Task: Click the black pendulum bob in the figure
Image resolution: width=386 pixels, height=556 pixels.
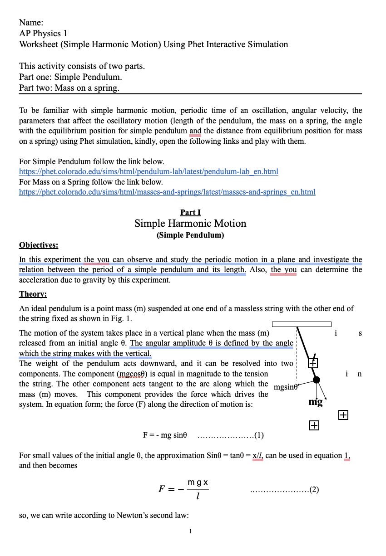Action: (317, 380)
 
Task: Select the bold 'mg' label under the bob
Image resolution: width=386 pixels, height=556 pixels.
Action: (316, 402)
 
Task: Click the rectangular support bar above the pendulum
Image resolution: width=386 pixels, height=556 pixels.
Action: (302, 324)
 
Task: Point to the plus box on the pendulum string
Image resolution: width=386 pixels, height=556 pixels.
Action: (313, 363)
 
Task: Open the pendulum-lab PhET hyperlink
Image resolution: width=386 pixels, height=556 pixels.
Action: (148, 171)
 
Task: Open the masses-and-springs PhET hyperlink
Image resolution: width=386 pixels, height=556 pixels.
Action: (167, 192)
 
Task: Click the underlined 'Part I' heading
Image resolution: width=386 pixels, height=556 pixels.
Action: (190, 212)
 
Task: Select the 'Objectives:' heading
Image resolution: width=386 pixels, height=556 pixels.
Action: (39, 245)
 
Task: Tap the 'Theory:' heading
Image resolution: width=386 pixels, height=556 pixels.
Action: (33, 294)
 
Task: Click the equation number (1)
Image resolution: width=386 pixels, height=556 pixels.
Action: (259, 435)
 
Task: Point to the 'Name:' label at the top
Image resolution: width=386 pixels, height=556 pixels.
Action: (31, 23)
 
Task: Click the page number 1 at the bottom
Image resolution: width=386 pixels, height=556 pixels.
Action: (191, 531)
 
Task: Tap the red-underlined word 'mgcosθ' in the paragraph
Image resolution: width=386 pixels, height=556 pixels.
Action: (131, 374)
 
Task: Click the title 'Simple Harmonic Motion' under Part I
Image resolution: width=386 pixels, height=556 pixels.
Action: (190, 224)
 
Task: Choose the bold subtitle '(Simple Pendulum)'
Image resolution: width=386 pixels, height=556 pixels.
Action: (190, 235)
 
